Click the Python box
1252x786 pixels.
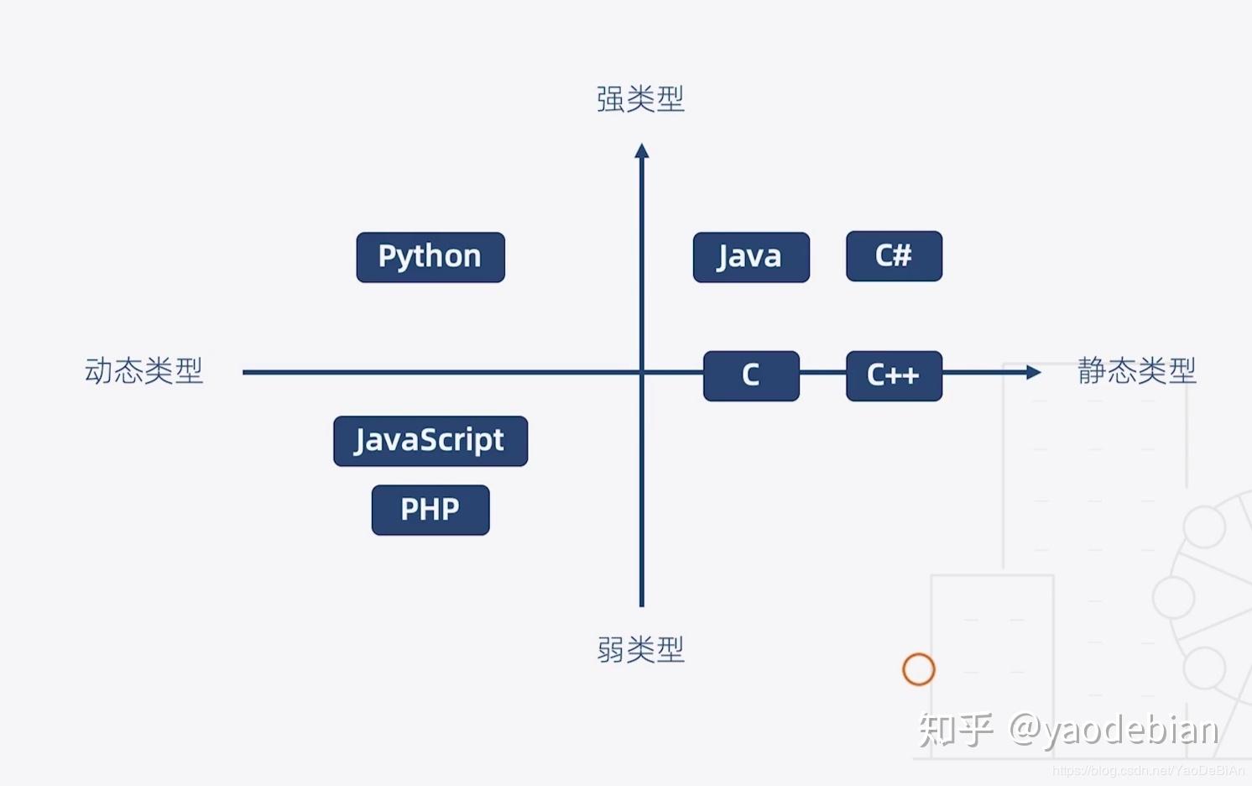430,257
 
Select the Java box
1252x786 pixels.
751,257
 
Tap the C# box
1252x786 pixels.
894,256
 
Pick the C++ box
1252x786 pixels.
894,375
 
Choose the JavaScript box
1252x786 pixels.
430,441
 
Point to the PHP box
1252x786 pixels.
430,510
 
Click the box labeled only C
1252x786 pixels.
751,375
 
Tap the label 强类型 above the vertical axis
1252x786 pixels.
640,99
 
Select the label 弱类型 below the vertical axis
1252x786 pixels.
640,649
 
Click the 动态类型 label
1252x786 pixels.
143,370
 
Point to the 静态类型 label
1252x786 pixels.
1136,370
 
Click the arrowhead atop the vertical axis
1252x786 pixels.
642,151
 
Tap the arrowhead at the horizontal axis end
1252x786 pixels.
1033,372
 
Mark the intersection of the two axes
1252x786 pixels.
642,372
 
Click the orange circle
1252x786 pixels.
919,669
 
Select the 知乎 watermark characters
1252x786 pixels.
956,730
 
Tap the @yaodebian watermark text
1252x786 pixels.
1114,730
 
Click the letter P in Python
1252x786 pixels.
387,256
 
